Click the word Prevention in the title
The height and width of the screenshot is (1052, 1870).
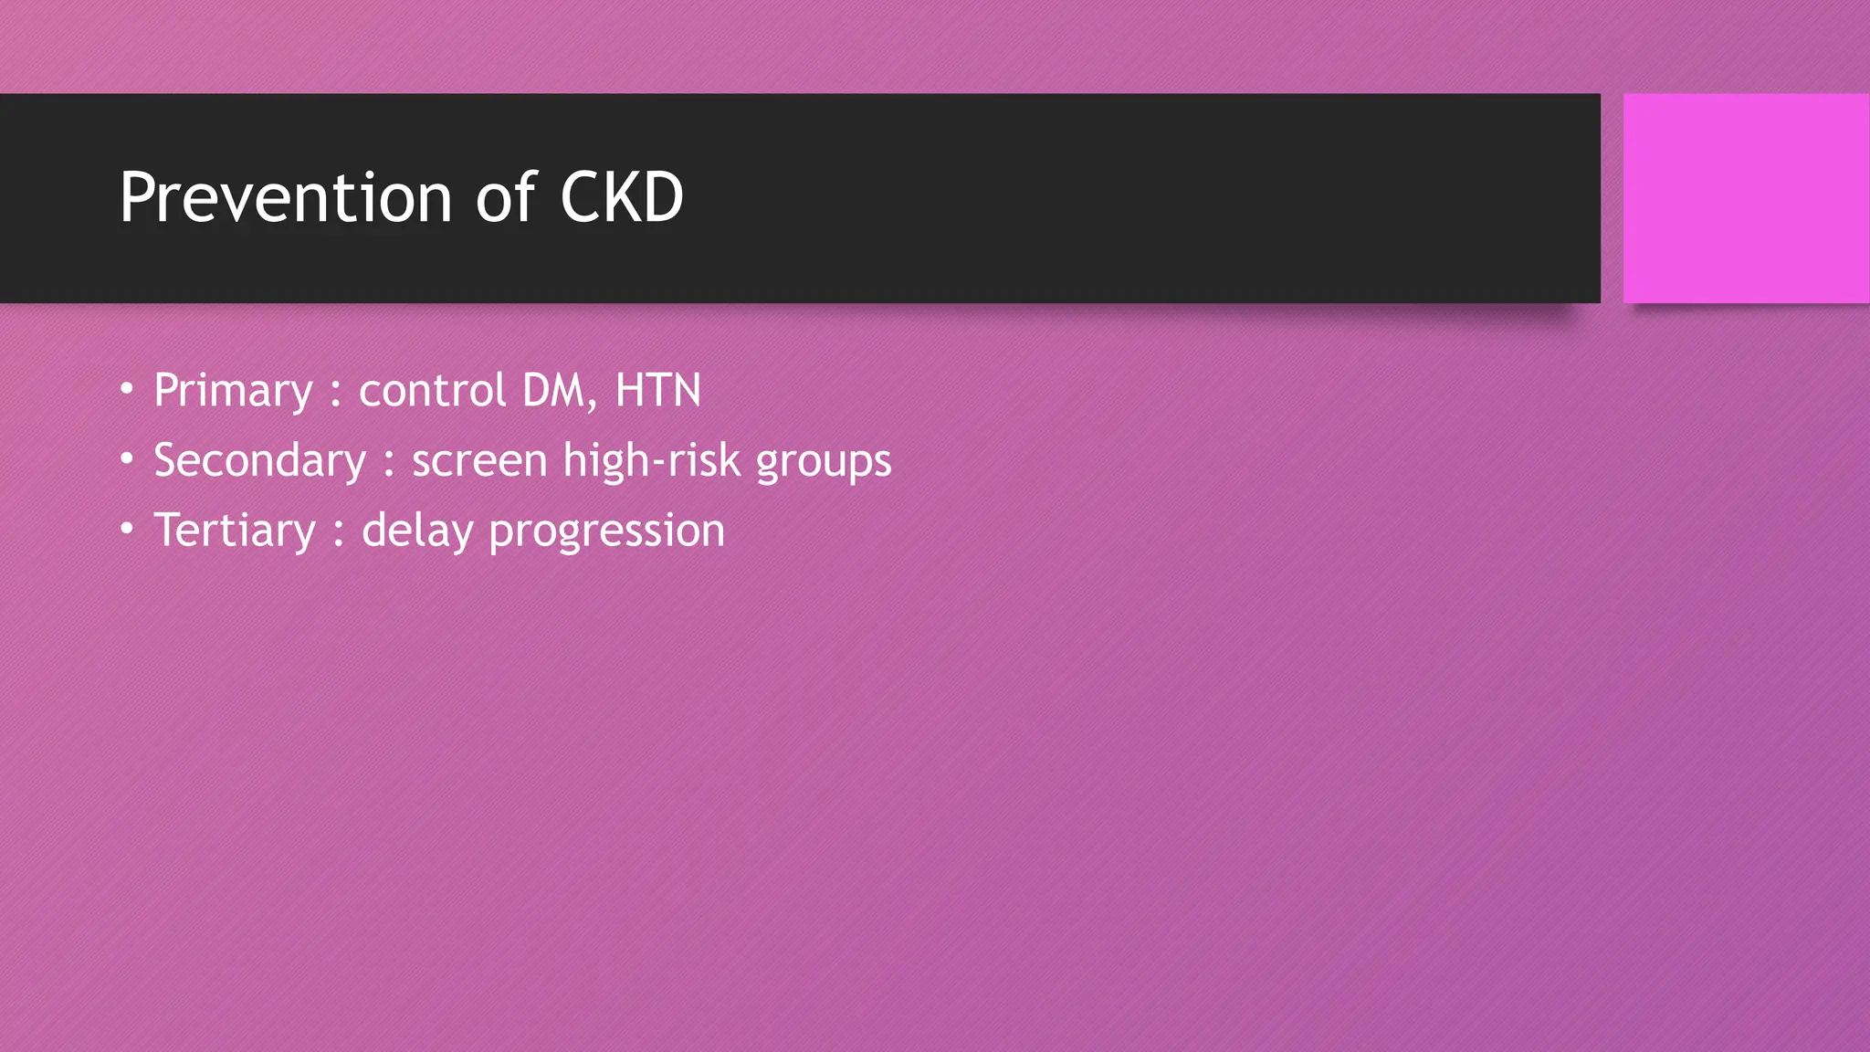click(x=286, y=197)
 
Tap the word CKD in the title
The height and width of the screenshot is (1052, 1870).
click(x=621, y=197)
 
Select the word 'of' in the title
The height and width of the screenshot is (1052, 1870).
click(x=505, y=197)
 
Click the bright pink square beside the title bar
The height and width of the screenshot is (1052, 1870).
click(x=1746, y=198)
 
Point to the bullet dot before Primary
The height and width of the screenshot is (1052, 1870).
click(x=127, y=389)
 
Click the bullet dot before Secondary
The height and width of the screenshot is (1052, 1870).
click(x=127, y=458)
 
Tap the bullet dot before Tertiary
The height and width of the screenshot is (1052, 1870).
click(x=127, y=529)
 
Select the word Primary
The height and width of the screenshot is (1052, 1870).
click(x=234, y=392)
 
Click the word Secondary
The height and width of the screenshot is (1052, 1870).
click(x=260, y=460)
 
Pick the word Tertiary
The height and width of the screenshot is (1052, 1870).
click(x=235, y=531)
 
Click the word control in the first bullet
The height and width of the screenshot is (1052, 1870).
click(x=432, y=391)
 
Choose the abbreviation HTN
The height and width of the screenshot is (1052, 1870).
click(x=657, y=391)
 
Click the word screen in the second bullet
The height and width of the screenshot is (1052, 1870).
click(x=479, y=461)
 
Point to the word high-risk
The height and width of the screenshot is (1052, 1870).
click(x=652, y=460)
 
